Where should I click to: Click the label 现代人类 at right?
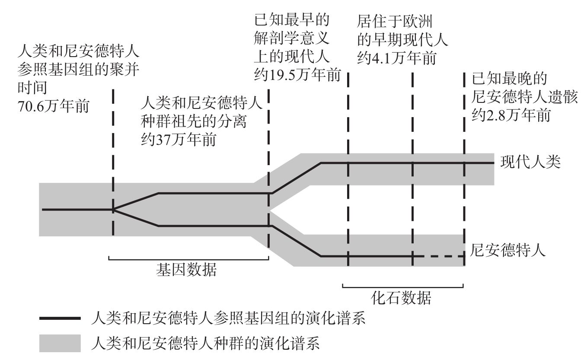pyautogui.click(x=530, y=162)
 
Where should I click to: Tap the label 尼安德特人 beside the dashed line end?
pyautogui.click(x=508, y=250)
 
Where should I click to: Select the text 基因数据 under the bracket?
pyautogui.click(x=186, y=270)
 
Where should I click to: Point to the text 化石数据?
pyautogui.click(x=401, y=298)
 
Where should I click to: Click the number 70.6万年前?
pyautogui.click(x=54, y=106)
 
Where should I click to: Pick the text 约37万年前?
pyautogui.click(x=179, y=140)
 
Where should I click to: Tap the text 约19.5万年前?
pyautogui.click(x=297, y=75)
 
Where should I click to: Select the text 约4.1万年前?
pyautogui.click(x=396, y=58)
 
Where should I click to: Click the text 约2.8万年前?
pyautogui.click(x=511, y=115)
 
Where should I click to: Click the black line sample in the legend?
pyautogui.click(x=60, y=318)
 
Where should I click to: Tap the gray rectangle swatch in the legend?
pyautogui.click(x=60, y=343)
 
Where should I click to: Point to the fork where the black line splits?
pyautogui.click(x=113, y=209)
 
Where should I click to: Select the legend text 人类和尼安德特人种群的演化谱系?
pyautogui.click(x=205, y=343)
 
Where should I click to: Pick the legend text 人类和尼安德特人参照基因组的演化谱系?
pyautogui.click(x=228, y=318)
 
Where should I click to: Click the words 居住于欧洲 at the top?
pyautogui.click(x=395, y=21)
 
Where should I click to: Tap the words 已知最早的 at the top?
pyautogui.click(x=292, y=20)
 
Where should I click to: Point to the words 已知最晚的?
pyautogui.click(x=509, y=79)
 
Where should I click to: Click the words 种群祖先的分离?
pyautogui.click(x=194, y=121)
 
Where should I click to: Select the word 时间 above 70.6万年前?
pyautogui.click(x=32, y=88)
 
